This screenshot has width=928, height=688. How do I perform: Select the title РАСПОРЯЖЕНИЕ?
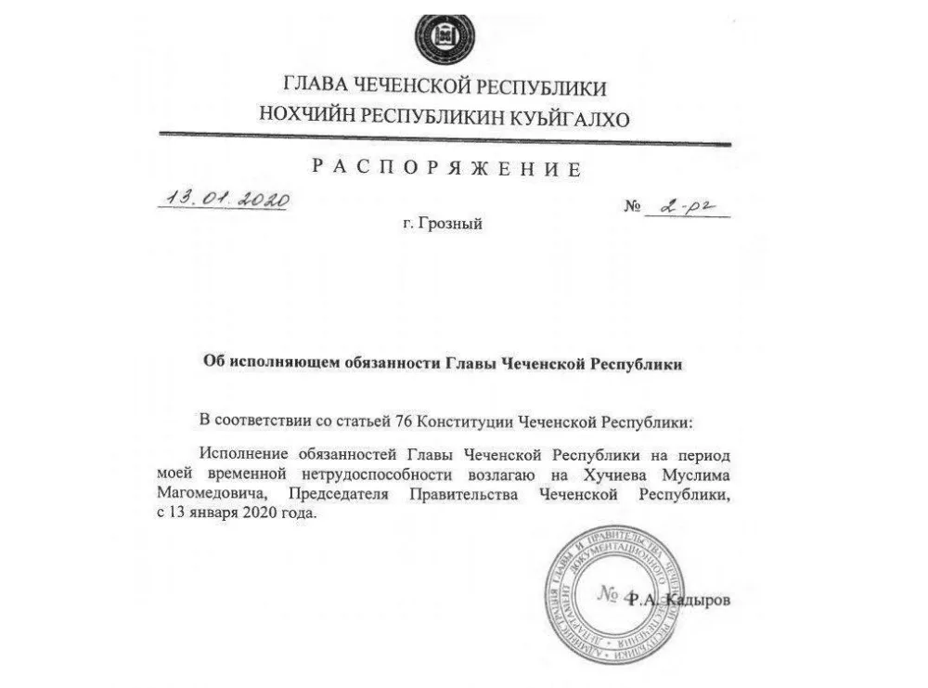pos(447,168)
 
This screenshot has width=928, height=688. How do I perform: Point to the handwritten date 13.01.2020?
pos(224,199)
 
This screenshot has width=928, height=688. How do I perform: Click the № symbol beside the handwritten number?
pos(634,207)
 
